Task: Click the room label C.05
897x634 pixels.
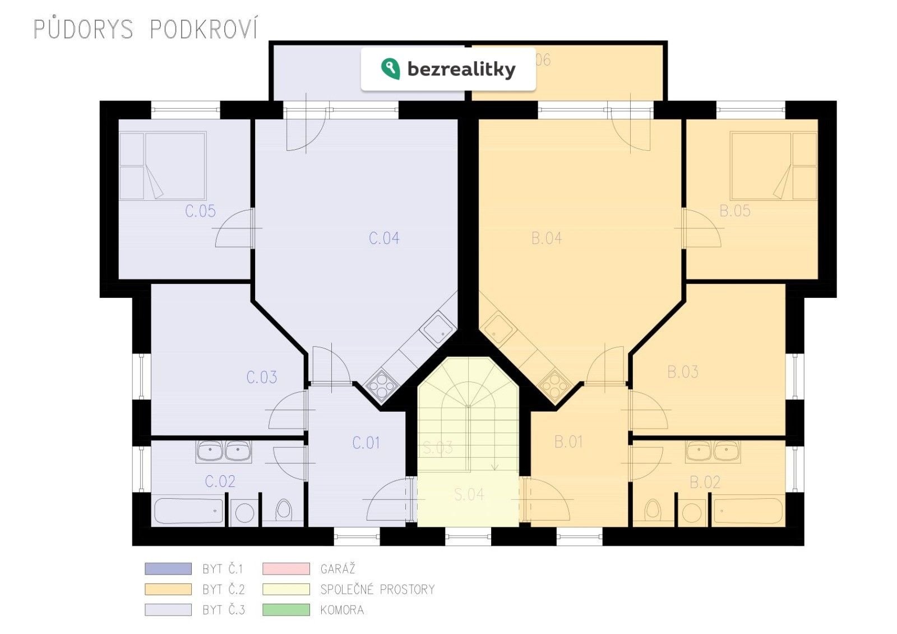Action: pyautogui.click(x=200, y=212)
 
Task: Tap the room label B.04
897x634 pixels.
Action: pyautogui.click(x=546, y=238)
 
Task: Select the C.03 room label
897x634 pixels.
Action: pyautogui.click(x=261, y=377)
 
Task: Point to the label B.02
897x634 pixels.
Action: pyautogui.click(x=705, y=482)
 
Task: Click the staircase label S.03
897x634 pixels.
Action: pyautogui.click(x=437, y=448)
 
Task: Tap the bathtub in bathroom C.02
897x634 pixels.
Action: pyautogui.click(x=188, y=511)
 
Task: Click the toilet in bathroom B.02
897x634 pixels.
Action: pyautogui.click(x=653, y=510)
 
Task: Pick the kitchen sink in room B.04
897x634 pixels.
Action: pyautogui.click(x=499, y=328)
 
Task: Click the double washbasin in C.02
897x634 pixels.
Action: pyautogui.click(x=223, y=451)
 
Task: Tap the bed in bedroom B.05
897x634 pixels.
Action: pyautogui.click(x=773, y=166)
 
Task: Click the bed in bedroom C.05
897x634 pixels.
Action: pyautogui.click(x=163, y=166)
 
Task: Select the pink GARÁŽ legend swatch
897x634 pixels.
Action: pyautogui.click(x=286, y=569)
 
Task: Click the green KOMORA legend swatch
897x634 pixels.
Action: pyautogui.click(x=286, y=610)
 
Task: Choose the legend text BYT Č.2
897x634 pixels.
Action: pyautogui.click(x=223, y=590)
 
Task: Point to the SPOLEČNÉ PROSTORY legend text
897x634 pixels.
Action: pyautogui.click(x=377, y=590)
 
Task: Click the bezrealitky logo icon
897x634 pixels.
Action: pyautogui.click(x=390, y=69)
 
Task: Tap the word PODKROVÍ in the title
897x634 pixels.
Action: pyautogui.click(x=204, y=29)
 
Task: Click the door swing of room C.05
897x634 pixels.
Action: pyautogui.click(x=234, y=229)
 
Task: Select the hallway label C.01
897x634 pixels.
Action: pyautogui.click(x=366, y=443)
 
